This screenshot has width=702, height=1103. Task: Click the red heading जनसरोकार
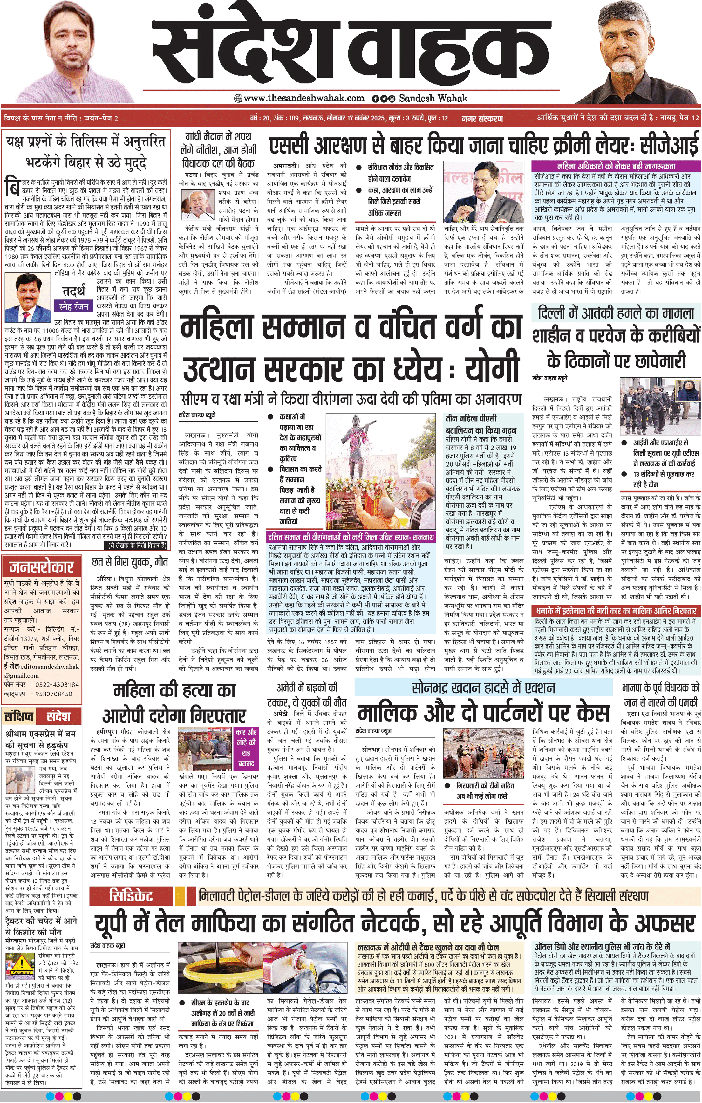point(42,567)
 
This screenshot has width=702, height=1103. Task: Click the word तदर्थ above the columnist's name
point(74,291)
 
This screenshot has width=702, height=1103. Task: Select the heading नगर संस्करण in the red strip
point(482,118)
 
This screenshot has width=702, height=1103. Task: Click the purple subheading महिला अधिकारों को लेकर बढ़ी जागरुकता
point(616,166)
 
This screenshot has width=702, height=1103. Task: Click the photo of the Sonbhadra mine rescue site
point(485,752)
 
